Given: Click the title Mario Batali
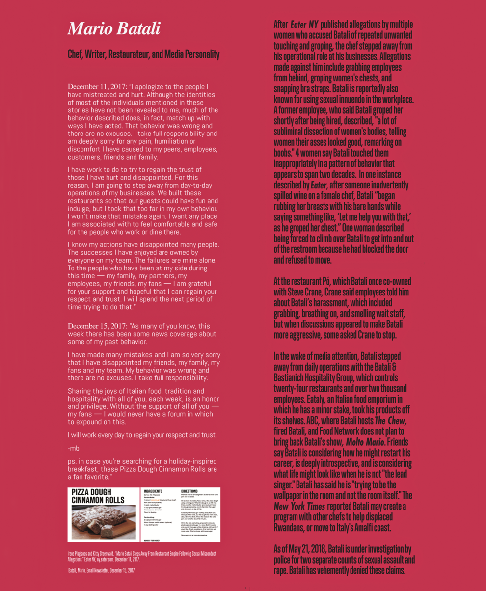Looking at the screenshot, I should (x=114, y=28).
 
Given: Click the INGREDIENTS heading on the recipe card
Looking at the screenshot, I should (x=156, y=490).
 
